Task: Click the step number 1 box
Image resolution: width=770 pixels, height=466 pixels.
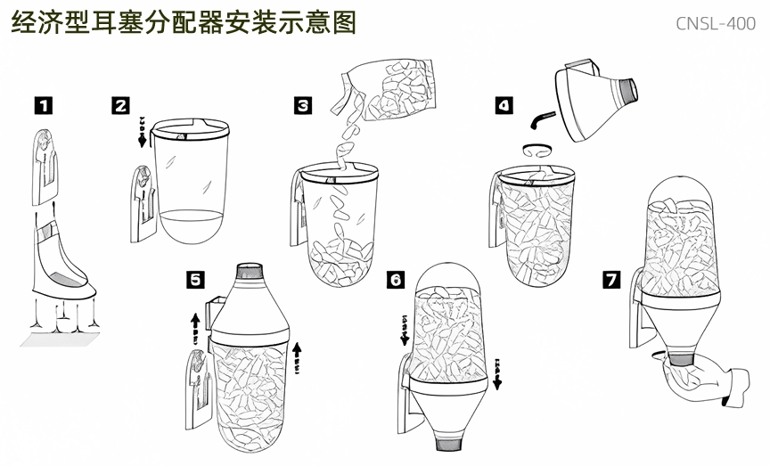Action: pyautogui.click(x=43, y=105)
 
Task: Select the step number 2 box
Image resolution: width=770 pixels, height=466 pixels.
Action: pyautogui.click(x=121, y=105)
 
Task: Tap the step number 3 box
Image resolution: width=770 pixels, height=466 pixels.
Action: pyautogui.click(x=303, y=105)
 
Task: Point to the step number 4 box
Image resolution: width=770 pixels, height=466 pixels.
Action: pyautogui.click(x=504, y=105)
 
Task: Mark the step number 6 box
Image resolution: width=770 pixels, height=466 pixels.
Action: pyautogui.click(x=397, y=279)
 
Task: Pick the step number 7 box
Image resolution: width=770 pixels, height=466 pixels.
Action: pyautogui.click(x=611, y=279)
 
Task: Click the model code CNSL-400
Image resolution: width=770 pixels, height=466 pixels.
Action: pyautogui.click(x=715, y=23)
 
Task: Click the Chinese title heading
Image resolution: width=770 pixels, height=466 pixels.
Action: pyautogui.click(x=183, y=22)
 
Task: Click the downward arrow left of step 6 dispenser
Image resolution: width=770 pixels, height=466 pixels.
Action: pyautogui.click(x=404, y=328)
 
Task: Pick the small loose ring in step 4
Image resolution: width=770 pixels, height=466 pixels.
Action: pyautogui.click(x=537, y=148)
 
